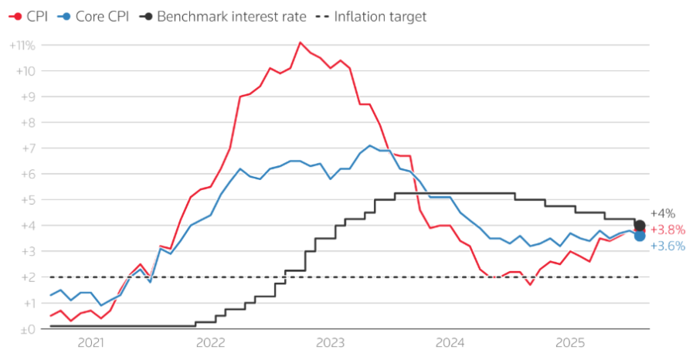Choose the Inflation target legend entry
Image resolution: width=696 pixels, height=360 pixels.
[x=371, y=16]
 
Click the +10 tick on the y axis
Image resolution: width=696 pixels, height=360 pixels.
[x=25, y=71]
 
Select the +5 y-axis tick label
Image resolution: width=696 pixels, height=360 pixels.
[x=27, y=200]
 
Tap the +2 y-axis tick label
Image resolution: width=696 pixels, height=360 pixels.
[x=27, y=277]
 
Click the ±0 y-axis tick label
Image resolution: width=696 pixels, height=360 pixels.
[x=27, y=329]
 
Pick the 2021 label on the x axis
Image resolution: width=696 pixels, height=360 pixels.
[x=90, y=343]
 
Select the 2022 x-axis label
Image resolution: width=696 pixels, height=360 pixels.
[x=210, y=343]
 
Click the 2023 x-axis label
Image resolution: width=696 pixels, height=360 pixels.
[x=331, y=343]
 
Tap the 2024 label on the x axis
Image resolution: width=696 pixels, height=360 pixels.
[x=450, y=343]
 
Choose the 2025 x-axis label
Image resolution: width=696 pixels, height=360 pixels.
[x=570, y=343]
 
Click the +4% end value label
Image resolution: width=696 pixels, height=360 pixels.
[x=663, y=213]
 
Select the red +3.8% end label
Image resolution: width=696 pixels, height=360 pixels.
[x=667, y=230]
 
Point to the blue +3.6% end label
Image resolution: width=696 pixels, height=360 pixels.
[x=667, y=246]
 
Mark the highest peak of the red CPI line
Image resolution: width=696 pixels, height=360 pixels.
[x=300, y=42]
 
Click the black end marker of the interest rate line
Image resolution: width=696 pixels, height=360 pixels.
[x=640, y=226]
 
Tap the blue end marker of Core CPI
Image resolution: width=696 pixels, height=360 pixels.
[x=640, y=236]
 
